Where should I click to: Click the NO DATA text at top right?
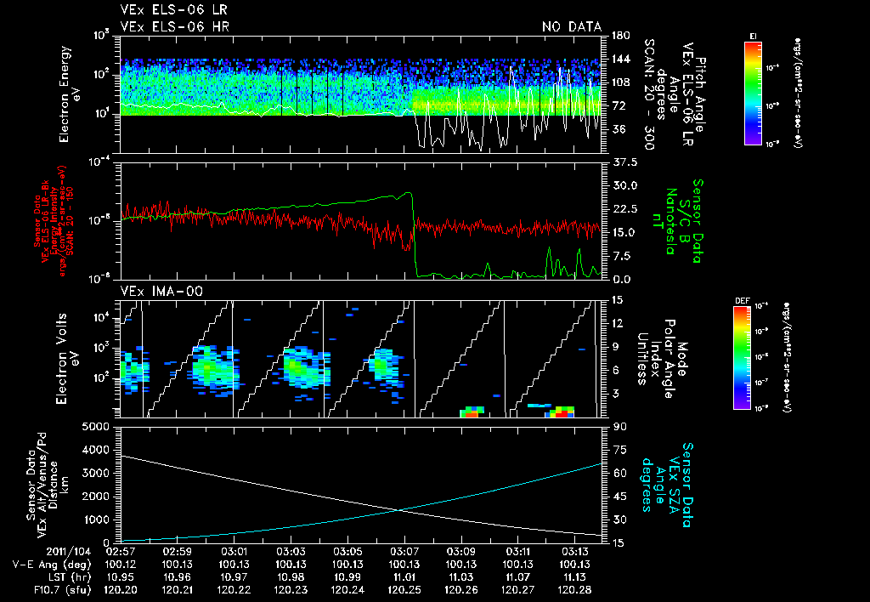(x=571, y=26)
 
